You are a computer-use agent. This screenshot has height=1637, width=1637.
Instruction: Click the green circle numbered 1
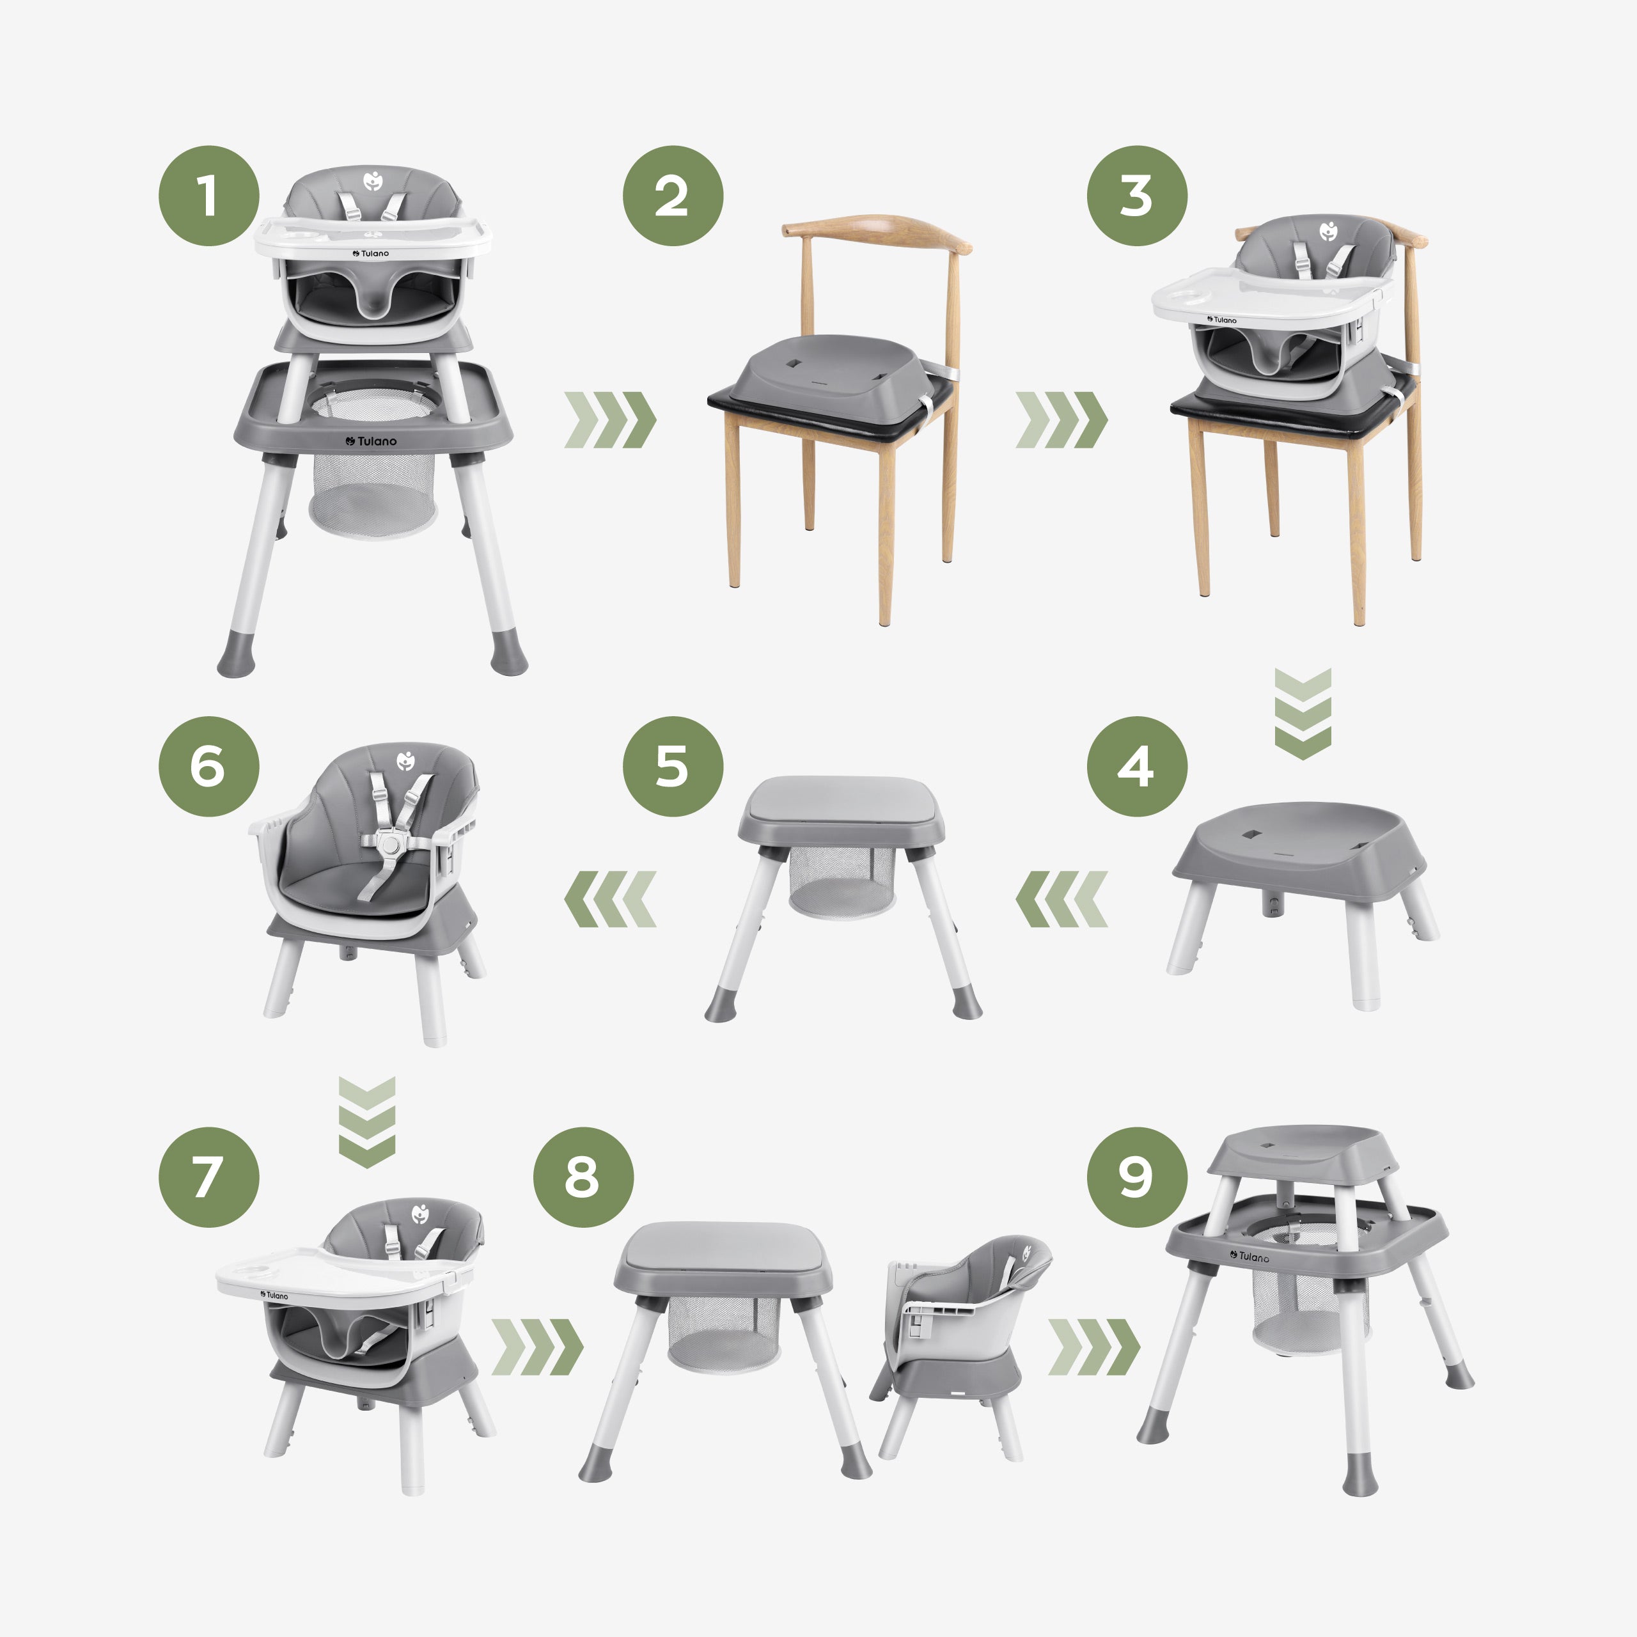click(x=208, y=196)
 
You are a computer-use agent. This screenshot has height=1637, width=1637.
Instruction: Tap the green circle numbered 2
click(x=673, y=196)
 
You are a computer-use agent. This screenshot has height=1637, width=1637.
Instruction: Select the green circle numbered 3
click(x=1137, y=196)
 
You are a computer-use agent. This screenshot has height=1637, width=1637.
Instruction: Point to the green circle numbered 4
click(x=1137, y=767)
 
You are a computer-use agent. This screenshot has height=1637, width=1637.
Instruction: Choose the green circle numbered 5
click(x=673, y=767)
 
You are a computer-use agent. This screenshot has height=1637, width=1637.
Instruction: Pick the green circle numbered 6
click(x=208, y=767)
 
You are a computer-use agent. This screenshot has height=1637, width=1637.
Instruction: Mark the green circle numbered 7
click(x=208, y=1177)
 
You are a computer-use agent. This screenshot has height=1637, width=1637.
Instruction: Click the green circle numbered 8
click(x=583, y=1177)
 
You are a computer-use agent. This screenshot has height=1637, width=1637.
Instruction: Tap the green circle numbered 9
click(x=1137, y=1177)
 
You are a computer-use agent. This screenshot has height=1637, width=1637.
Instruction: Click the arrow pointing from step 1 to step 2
click(x=610, y=419)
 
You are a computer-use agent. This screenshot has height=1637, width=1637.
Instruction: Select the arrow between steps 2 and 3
click(x=1061, y=419)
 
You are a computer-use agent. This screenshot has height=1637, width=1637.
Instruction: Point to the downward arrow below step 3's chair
click(x=1303, y=714)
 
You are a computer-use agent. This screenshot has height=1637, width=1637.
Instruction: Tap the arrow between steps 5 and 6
click(x=610, y=899)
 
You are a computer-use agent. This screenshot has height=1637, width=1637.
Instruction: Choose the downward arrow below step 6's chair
click(x=367, y=1123)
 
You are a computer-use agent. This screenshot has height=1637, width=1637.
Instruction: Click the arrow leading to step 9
click(x=1094, y=1347)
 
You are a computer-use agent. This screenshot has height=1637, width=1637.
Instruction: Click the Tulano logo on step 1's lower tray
click(x=371, y=441)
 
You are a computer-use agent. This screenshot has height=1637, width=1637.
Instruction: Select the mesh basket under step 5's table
click(x=842, y=882)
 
